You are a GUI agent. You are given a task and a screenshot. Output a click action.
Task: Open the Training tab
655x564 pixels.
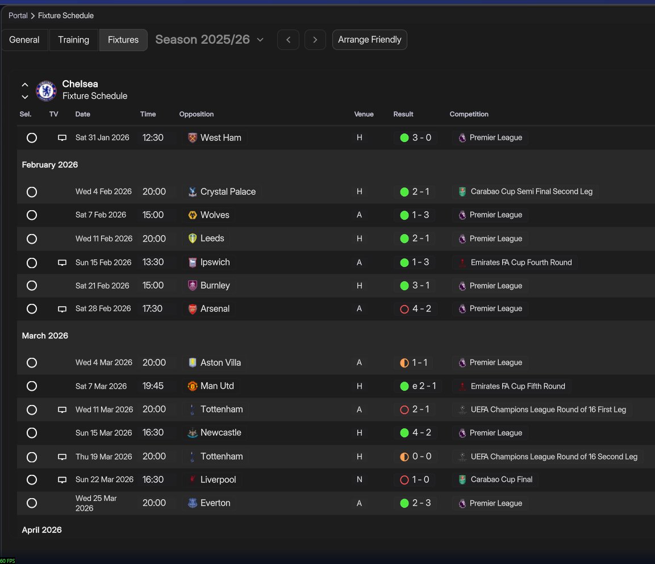73,40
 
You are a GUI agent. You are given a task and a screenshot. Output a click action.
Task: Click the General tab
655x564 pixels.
24,40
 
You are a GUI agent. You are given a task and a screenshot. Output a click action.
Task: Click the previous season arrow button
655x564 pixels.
288,40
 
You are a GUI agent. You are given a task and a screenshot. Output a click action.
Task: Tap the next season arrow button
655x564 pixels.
315,40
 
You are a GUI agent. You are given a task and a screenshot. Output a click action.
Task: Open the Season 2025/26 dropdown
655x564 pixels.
209,40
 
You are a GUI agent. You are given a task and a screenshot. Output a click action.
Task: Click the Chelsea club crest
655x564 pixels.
46,90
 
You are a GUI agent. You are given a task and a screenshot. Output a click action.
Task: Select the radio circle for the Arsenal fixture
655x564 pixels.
32,309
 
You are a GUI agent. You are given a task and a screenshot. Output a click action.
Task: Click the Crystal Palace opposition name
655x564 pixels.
228,192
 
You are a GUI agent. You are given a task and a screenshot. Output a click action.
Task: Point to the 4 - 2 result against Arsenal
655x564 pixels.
421,309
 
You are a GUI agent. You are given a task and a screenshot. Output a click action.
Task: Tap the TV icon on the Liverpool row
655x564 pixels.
62,480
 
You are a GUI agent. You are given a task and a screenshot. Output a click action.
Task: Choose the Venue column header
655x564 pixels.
364,114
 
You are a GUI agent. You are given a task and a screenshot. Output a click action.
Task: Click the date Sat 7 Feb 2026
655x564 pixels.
101,215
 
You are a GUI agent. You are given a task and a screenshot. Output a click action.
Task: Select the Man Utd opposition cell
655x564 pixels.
216,386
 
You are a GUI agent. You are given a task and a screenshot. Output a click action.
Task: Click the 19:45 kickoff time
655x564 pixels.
153,386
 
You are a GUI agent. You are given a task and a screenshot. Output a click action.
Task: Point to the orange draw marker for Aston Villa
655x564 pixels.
404,363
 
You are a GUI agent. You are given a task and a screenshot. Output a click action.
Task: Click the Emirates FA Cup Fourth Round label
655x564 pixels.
521,262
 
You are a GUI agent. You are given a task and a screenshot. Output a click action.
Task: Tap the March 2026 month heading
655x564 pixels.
45,336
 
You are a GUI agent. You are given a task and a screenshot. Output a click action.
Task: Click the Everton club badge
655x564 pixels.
193,503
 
